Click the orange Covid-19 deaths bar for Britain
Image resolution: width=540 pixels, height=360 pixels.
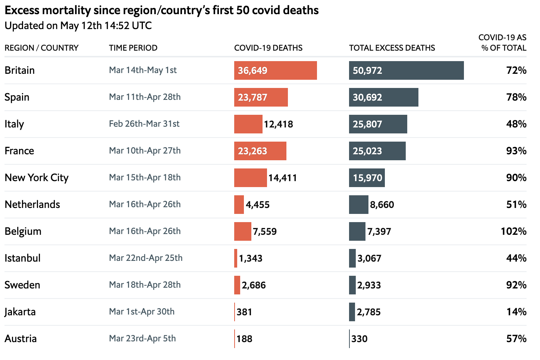click(275, 70)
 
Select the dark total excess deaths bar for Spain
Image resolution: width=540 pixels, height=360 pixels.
click(383, 97)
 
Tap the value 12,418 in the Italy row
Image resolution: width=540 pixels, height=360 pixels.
click(278, 124)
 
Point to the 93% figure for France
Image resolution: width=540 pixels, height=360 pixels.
click(516, 151)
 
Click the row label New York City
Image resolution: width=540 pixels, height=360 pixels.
click(37, 178)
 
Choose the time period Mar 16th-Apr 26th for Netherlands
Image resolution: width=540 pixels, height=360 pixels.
click(145, 204)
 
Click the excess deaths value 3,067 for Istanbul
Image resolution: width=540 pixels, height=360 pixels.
click(369, 258)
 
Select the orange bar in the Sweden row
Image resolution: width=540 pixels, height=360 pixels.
click(237, 285)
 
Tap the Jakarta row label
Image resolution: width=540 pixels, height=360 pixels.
click(20, 312)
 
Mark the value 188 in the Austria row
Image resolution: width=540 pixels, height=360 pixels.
click(244, 339)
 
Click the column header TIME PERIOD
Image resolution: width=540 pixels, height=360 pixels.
click(133, 48)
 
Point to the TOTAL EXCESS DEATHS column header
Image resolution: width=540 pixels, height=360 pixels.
click(392, 48)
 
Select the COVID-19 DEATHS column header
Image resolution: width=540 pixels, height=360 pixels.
click(268, 48)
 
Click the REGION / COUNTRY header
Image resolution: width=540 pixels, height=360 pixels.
click(41, 48)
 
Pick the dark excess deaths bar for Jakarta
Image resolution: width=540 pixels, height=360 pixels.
click(352, 312)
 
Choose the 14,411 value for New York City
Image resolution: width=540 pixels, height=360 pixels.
click(282, 178)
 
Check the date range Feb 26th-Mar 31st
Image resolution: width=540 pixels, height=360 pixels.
click(144, 124)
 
